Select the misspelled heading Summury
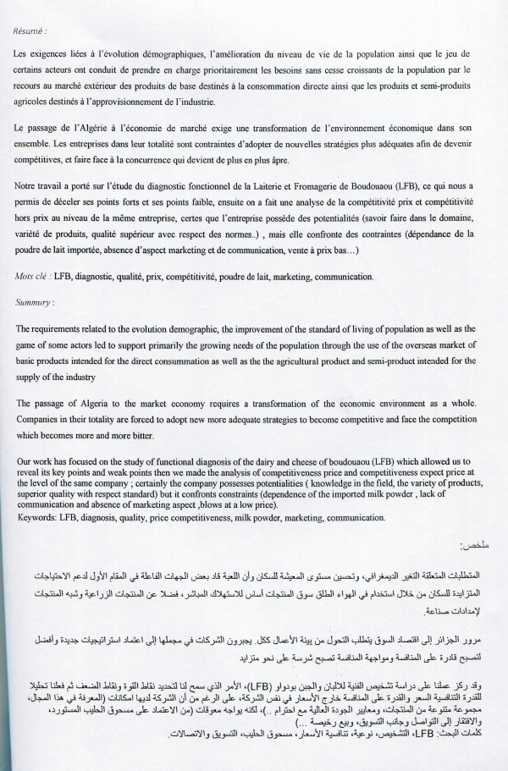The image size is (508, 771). [x=34, y=301]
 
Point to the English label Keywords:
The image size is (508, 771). [x=36, y=493]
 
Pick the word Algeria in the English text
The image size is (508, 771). [x=91, y=403]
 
